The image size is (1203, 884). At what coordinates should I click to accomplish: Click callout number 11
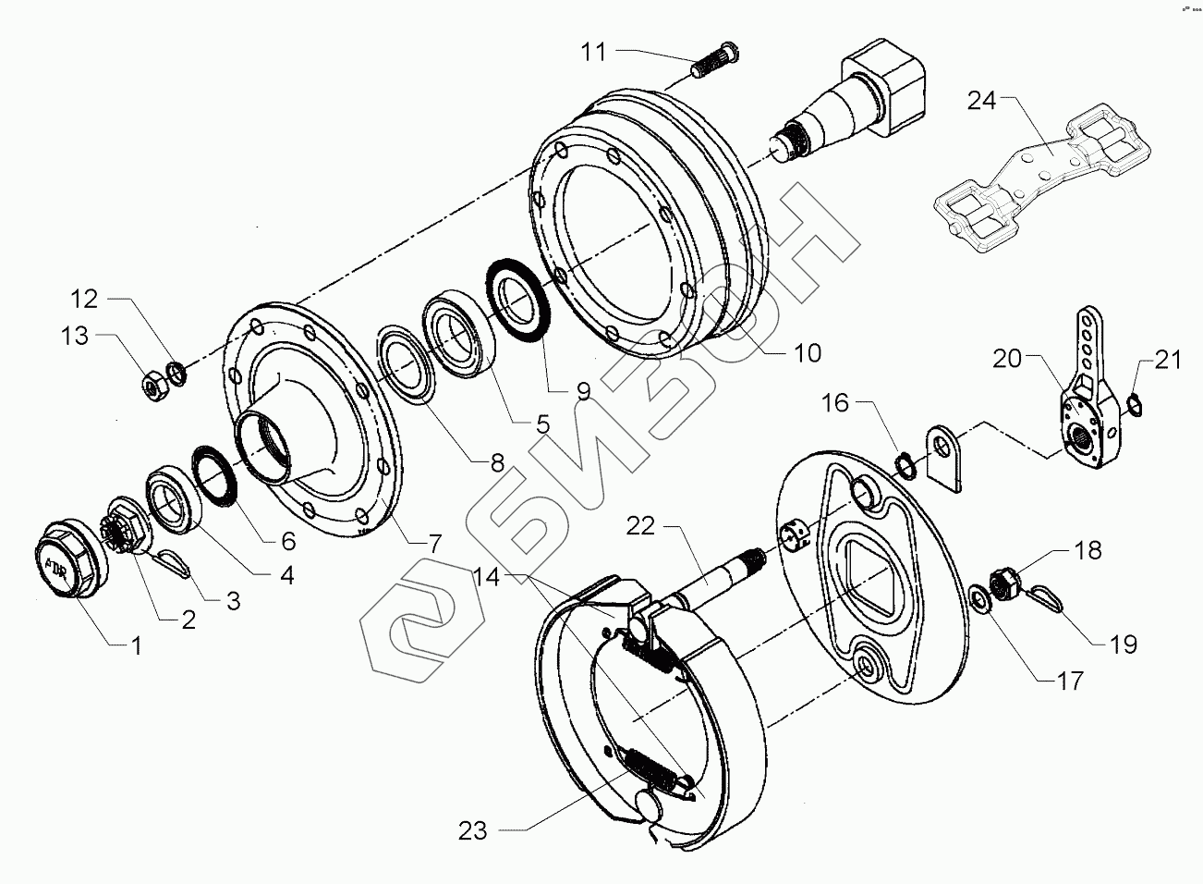coord(593,52)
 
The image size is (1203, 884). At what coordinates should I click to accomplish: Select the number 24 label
coord(982,101)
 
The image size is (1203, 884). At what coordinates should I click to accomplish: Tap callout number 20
coord(1008,358)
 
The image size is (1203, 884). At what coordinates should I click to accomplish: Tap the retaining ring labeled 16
coord(907,462)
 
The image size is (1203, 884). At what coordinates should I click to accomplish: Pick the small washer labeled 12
coord(176,373)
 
